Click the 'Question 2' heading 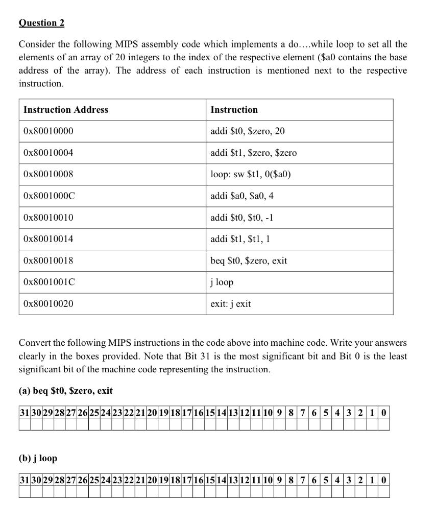click(x=41, y=23)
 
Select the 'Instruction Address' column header click(x=66, y=110)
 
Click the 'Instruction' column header click(x=234, y=110)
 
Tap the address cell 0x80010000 click(x=49, y=131)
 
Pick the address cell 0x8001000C click(x=49, y=196)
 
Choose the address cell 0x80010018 click(x=49, y=260)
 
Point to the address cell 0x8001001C click(x=49, y=282)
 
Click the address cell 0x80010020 click(x=49, y=304)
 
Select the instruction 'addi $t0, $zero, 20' click(x=248, y=131)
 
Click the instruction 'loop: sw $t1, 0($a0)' click(x=251, y=174)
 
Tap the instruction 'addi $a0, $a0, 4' click(x=243, y=196)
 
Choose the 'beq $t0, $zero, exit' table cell click(x=249, y=260)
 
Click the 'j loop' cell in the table click(x=222, y=282)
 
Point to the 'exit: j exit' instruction click(x=231, y=304)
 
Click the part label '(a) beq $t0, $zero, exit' click(x=66, y=391)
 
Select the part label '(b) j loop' click(x=38, y=458)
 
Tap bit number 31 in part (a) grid click(x=24, y=413)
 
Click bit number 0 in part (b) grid click(x=384, y=480)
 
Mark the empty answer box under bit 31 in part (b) click(x=24, y=492)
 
